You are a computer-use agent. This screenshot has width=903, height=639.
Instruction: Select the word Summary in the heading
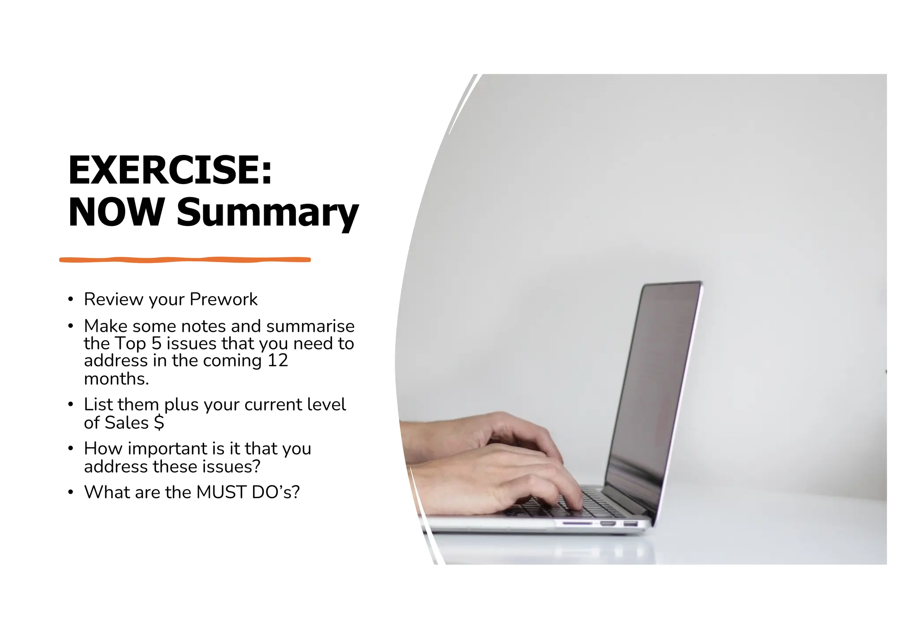click(x=268, y=213)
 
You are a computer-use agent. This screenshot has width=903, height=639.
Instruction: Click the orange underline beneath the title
click(x=185, y=260)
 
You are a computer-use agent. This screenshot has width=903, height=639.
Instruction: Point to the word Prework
click(x=224, y=300)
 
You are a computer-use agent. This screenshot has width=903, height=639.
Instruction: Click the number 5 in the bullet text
click(x=157, y=343)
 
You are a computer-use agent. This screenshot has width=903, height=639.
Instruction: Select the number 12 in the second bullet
click(x=278, y=361)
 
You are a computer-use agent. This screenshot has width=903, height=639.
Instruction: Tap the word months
click(x=116, y=379)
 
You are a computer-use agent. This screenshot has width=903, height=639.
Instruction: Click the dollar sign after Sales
click(x=159, y=422)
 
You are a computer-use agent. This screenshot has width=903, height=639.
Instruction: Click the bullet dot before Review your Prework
click(x=71, y=300)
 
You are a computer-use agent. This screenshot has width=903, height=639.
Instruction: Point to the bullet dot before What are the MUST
click(x=71, y=492)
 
